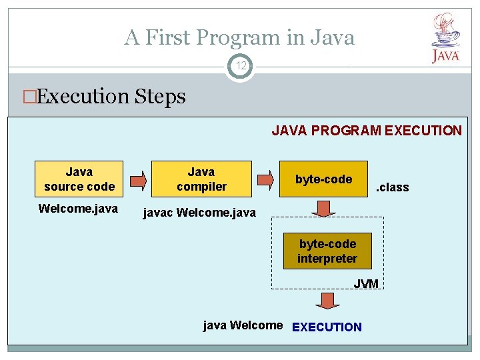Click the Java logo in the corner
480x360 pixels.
tap(445, 38)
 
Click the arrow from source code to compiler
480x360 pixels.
tap(137, 180)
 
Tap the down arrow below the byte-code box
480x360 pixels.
tap(324, 208)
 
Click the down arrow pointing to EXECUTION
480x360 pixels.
tap(327, 300)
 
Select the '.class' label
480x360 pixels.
tap(393, 187)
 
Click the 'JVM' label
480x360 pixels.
tap(366, 284)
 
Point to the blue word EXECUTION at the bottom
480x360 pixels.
tap(327, 327)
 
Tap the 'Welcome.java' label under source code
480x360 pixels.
tap(78, 209)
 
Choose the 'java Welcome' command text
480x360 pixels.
tap(243, 325)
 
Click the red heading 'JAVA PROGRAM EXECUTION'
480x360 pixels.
tap(366, 131)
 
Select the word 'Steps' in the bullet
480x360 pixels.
tap(160, 97)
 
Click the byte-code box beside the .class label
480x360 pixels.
tap(323, 179)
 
